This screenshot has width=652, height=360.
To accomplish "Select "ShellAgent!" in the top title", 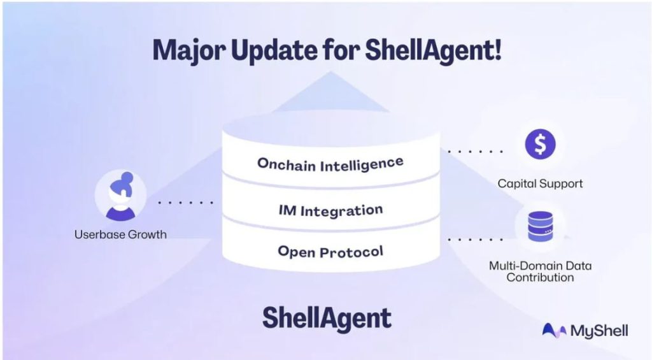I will coord(433,50).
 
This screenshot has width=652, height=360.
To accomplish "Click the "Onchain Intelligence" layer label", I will coord(330,163).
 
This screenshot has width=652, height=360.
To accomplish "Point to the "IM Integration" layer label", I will coord(330,210).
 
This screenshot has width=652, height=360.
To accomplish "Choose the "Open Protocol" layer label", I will coord(330,251).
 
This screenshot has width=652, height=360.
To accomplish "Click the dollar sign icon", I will coord(540,144).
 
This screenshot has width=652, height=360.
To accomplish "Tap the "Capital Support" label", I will coord(540,184).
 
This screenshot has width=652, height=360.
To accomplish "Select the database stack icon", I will coord(540,226).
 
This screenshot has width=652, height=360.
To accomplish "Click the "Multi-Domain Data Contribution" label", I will coord(540,271).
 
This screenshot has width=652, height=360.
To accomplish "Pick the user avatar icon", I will coord(120,195).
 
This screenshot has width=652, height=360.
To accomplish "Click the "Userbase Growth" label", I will coord(120,234).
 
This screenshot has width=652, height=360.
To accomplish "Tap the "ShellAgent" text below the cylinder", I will coord(327,317).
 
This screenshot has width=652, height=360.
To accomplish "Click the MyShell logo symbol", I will coord(553,330).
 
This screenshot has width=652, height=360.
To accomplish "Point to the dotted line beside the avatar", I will coord(185,203).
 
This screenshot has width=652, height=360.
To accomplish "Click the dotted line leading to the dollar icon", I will coord(475,152).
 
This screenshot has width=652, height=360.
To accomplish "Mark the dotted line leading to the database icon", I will coord(475,240).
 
